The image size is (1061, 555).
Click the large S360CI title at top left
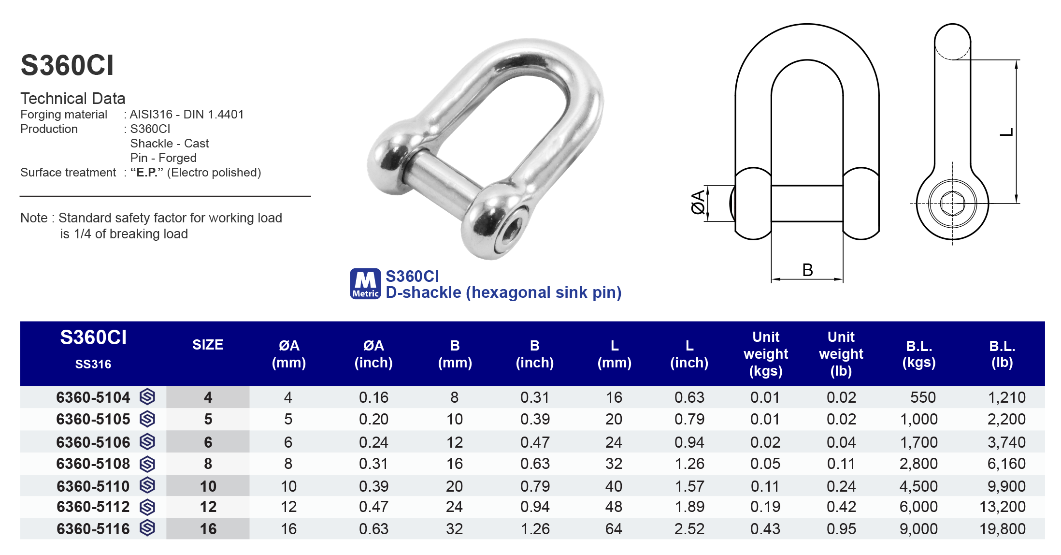(67, 65)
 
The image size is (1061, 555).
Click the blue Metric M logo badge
(365, 284)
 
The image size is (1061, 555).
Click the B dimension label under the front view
(807, 270)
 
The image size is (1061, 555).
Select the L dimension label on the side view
(1006, 132)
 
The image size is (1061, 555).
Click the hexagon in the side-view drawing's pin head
(952, 204)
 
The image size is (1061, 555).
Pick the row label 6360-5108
(93, 464)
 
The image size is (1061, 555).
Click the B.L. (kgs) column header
(918, 354)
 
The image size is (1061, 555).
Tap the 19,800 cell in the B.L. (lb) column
(1002, 529)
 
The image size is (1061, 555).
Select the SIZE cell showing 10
(208, 486)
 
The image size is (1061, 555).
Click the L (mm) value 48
(614, 507)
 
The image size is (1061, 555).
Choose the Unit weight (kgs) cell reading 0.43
(765, 529)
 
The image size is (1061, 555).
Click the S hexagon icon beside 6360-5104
(147, 397)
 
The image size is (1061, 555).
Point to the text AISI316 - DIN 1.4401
(186, 115)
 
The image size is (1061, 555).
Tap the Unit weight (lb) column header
(841, 354)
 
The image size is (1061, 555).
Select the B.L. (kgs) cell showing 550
(922, 397)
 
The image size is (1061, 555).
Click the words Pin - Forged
(163, 158)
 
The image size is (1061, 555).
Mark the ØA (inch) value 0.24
(373, 442)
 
